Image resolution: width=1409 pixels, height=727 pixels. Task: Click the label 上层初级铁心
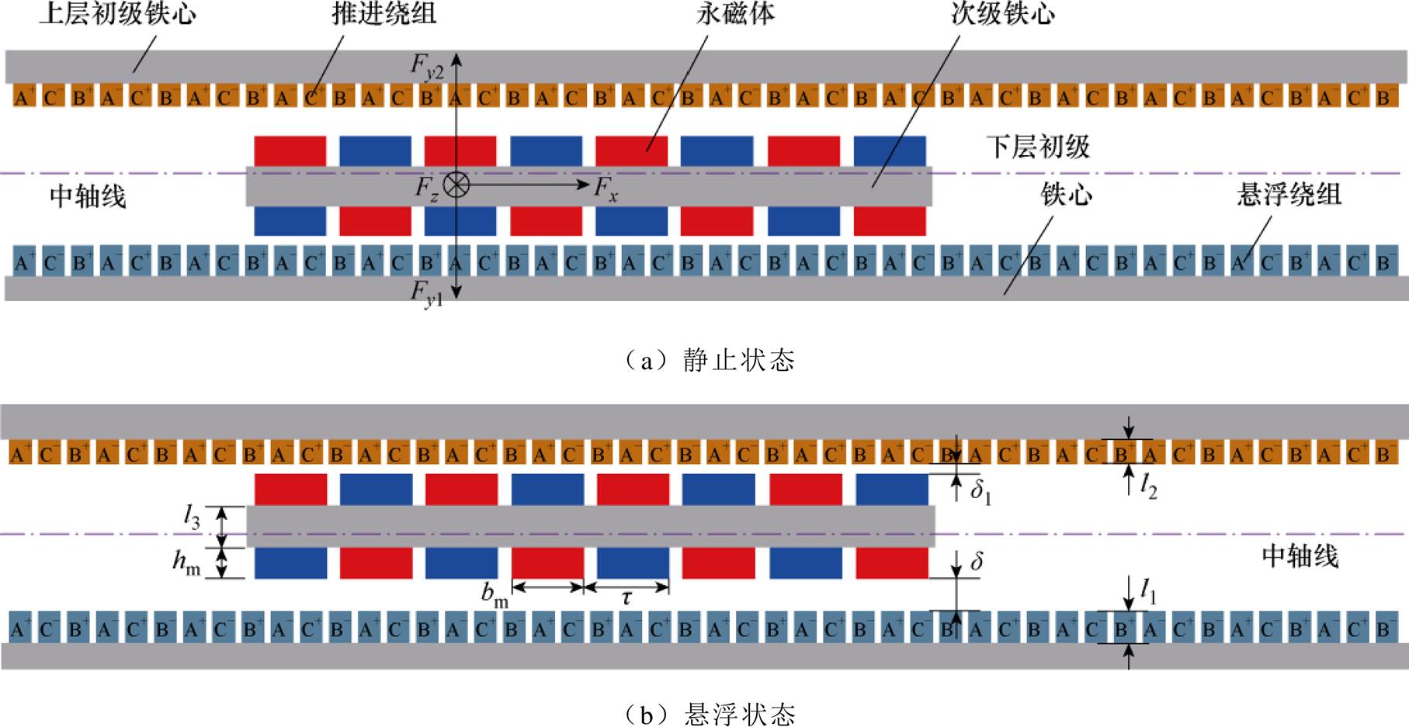pyautogui.click(x=117, y=14)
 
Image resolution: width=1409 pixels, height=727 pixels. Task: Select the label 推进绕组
pyautogui.click(x=383, y=14)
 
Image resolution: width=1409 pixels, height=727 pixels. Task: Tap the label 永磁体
pyautogui.click(x=735, y=14)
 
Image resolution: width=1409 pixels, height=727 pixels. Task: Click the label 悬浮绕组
pyautogui.click(x=1289, y=194)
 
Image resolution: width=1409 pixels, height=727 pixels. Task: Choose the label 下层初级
pyautogui.click(x=1038, y=147)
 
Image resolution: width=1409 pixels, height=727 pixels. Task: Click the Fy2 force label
pyautogui.click(x=427, y=68)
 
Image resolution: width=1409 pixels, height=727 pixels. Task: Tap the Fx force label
pyautogui.click(x=606, y=189)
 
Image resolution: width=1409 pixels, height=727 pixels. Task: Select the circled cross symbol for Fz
pyautogui.click(x=456, y=185)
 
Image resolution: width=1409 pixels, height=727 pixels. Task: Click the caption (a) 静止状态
pyautogui.click(x=710, y=360)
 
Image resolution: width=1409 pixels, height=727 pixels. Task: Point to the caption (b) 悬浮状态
pyautogui.click(x=710, y=713)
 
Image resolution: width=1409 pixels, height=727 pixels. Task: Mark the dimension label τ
pyautogui.click(x=626, y=598)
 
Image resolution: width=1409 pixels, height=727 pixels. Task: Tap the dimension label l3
pyautogui.click(x=192, y=518)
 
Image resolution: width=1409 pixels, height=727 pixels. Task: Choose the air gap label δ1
pyautogui.click(x=980, y=492)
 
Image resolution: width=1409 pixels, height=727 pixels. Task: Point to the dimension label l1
pyautogui.click(x=1148, y=594)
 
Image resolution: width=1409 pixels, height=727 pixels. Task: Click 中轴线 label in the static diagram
pyautogui.click(x=88, y=196)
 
